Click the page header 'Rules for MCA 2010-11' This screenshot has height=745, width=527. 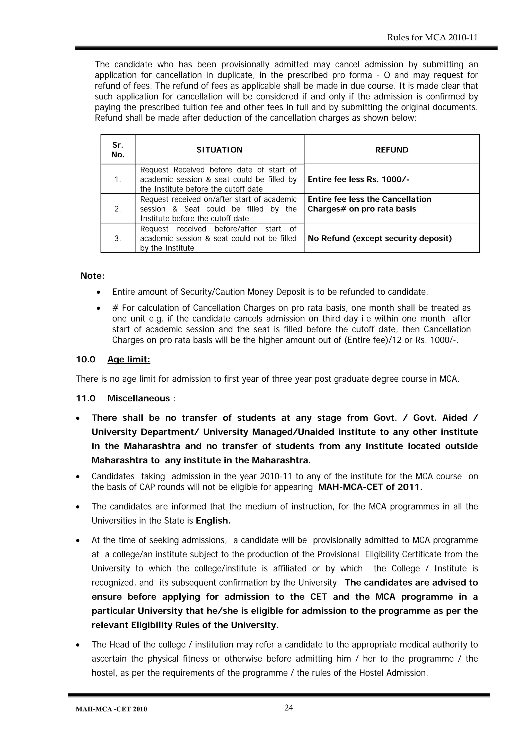coord(432,38)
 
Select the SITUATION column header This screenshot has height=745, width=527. coord(219,150)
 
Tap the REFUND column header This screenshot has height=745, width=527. coord(392,150)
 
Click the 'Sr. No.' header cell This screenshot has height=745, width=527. coord(118,150)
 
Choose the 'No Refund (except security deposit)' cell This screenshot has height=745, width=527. coord(380,238)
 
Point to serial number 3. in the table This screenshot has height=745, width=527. coord(118,238)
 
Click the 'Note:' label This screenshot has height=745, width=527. coord(93,276)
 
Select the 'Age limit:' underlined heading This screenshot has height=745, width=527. coord(129,360)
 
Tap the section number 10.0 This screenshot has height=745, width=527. coord(85,360)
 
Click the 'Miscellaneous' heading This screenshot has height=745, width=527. coord(139,398)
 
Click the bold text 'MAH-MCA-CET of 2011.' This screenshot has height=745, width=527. coord(370,487)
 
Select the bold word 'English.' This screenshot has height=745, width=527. coord(213,521)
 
